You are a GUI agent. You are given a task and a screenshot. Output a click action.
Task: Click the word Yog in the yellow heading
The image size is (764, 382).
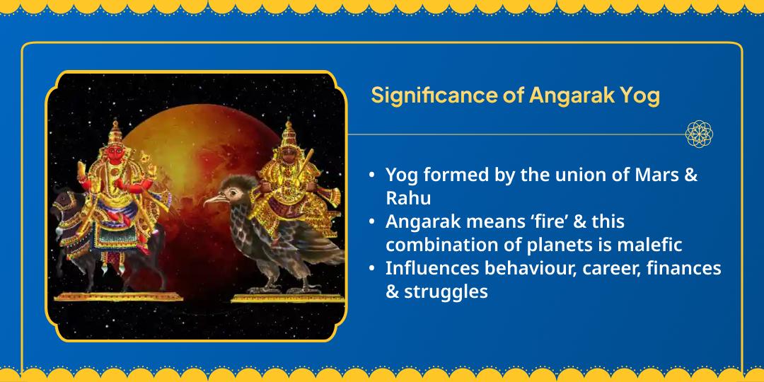(639, 95)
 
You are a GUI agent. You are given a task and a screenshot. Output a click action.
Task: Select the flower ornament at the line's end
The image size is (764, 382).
(699, 134)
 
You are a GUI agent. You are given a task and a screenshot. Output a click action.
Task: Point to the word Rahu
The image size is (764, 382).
(408, 199)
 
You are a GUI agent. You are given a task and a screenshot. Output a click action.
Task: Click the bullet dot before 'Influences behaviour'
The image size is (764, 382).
(371, 268)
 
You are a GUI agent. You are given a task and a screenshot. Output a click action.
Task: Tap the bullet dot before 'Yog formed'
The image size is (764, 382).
(371, 175)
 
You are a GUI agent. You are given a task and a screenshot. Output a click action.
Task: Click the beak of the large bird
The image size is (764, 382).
(210, 201)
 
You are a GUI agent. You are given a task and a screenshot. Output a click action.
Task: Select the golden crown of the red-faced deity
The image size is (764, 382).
(115, 131)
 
